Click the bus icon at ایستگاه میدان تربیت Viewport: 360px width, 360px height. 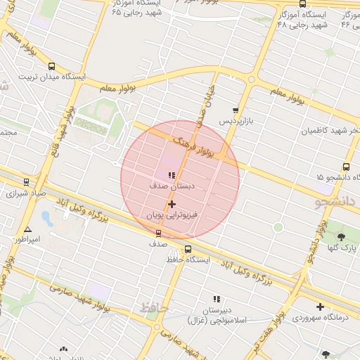click(51, 66)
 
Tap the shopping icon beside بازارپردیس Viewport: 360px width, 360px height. click(236, 110)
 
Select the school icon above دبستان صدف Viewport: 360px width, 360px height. click(172, 175)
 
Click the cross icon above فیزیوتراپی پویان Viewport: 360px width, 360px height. click(172, 204)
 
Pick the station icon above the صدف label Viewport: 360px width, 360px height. click(157, 233)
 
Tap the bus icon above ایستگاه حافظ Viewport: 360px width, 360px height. click(188, 249)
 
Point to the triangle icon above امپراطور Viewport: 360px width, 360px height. click(27, 229)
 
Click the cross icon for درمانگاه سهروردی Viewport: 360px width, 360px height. click(321, 307)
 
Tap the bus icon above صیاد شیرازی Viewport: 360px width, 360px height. click(26, 181)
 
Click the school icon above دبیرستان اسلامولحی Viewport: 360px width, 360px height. click(217, 300)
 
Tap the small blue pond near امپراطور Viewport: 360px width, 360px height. click(47, 217)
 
